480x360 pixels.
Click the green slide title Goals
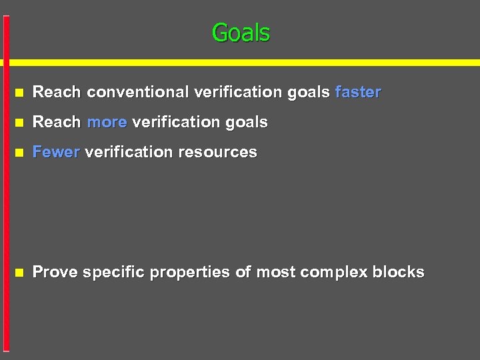(241, 32)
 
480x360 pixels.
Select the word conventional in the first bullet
(138, 92)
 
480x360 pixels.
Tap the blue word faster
(358, 92)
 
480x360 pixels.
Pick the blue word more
(107, 122)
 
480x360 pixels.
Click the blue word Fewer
(56, 152)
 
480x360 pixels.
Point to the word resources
(217, 152)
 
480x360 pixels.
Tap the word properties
(191, 272)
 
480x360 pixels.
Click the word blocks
(398, 272)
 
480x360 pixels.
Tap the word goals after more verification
(247, 122)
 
